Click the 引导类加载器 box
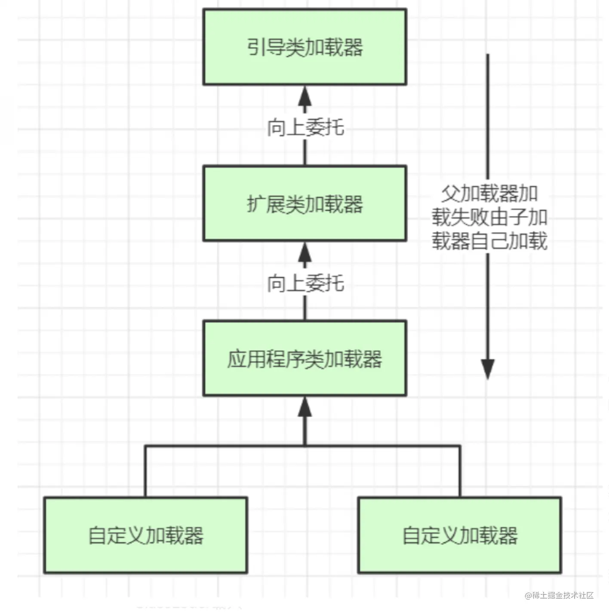click(304, 47)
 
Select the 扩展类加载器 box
click(304, 203)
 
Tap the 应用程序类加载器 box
click(304, 358)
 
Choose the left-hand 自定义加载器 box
click(145, 535)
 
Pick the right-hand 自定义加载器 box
click(459, 535)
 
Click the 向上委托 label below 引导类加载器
click(305, 127)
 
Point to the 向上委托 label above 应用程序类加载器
click(305, 283)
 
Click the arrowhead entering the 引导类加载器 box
click(305, 96)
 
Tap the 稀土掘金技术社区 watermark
click(559, 595)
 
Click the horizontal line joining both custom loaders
click(224, 446)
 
